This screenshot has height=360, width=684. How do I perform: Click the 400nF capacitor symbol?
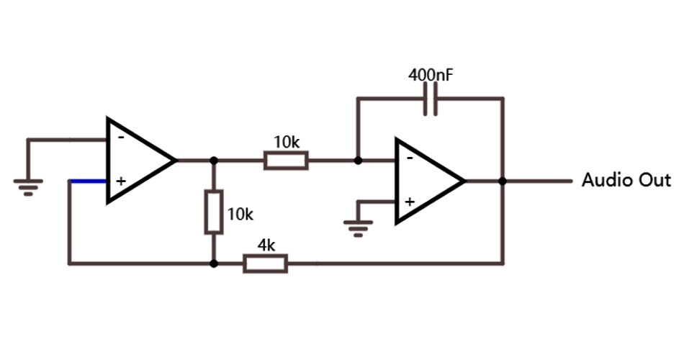coord(431,99)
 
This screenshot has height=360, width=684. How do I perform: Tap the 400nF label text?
coord(431,75)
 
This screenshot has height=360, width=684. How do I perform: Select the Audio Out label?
coord(626,180)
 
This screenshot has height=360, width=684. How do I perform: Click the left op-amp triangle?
coord(137,160)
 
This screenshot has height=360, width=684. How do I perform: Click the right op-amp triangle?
coord(425,181)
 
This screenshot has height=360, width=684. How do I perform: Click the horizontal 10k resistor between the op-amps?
coord(286,161)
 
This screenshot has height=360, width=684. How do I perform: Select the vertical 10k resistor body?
coord(213,212)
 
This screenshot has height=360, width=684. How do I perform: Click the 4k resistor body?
coord(266,264)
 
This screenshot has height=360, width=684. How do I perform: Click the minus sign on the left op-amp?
coord(120,138)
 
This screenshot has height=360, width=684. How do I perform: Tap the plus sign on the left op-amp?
coord(120,181)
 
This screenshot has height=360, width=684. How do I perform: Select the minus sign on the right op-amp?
coord(408,158)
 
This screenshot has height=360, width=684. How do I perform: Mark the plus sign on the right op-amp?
coord(408,202)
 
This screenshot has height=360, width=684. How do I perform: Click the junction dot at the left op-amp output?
coord(213,161)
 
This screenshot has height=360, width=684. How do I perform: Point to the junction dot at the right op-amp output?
coord(503,181)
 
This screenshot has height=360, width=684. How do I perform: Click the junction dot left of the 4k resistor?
coord(213,264)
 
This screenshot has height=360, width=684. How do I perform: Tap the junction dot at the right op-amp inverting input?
coord(357,161)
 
